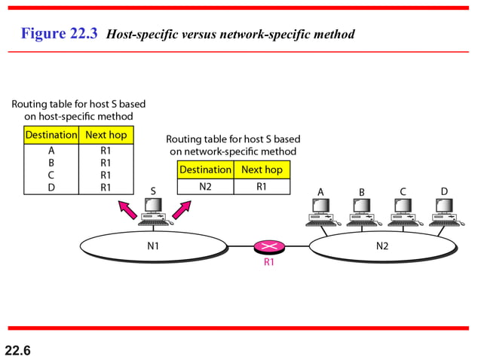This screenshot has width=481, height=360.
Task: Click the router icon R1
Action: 269,246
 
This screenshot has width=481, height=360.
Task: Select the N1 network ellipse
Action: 153,246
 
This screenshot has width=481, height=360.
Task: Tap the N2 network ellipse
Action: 382,246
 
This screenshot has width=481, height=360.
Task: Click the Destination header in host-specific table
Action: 51,135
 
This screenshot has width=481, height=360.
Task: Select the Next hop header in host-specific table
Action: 106,135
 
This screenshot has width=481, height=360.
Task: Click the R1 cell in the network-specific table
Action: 262,187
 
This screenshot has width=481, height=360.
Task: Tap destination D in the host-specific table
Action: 51,187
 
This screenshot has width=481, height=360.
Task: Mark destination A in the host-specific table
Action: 51,151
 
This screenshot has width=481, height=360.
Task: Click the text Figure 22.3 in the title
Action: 60,34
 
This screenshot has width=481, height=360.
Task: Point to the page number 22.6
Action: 18,349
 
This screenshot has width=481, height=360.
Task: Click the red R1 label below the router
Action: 269,263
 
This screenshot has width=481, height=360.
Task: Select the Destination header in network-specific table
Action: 205,169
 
